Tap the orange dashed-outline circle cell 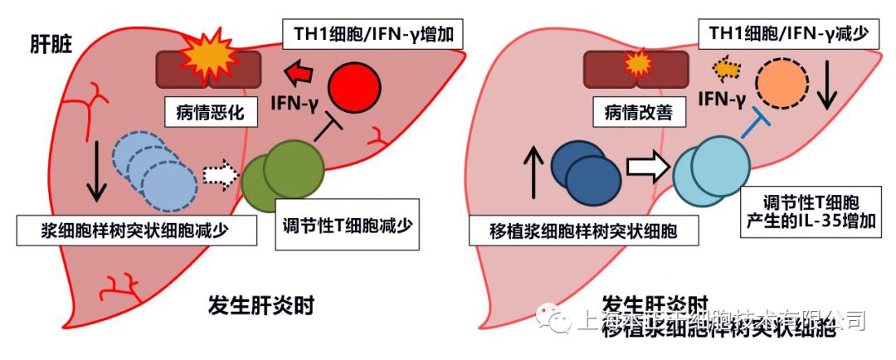pyautogui.click(x=781, y=85)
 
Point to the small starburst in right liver pyautogui.click(x=636, y=62)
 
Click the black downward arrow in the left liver pyautogui.click(x=96, y=171)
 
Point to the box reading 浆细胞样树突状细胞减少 pyautogui.click(x=135, y=230)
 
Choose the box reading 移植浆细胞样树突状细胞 pyautogui.click(x=572, y=230)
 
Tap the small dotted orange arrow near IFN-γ pyautogui.click(x=725, y=69)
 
